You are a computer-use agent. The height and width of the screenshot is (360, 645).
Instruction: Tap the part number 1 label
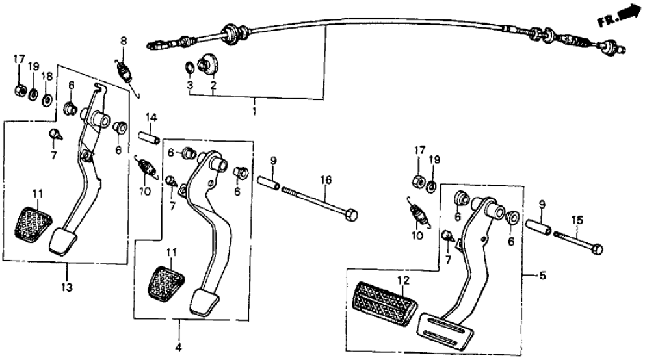255,112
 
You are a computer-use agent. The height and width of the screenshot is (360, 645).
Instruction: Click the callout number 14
151,118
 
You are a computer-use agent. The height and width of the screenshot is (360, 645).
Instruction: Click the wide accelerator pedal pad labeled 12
384,304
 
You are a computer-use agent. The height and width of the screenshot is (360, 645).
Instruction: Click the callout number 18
47,77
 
